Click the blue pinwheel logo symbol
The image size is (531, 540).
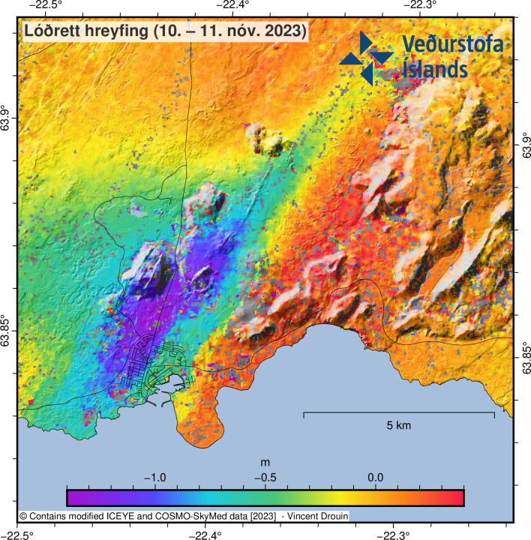366,57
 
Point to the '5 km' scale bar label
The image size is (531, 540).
399,425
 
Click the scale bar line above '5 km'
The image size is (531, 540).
398,413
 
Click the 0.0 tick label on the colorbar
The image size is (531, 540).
376,477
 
